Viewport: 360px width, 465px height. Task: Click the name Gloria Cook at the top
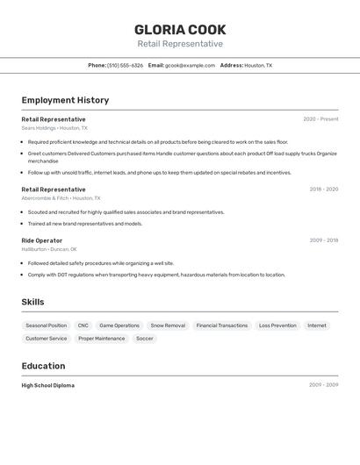(180, 30)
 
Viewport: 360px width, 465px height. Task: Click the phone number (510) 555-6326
(125, 65)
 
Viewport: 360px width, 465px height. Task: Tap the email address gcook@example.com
(190, 65)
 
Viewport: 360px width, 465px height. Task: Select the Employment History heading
(65, 100)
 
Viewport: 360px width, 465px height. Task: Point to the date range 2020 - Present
(320, 119)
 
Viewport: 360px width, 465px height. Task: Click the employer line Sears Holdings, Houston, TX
(54, 128)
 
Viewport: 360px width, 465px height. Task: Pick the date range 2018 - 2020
(323, 190)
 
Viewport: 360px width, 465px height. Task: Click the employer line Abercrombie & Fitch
(61, 198)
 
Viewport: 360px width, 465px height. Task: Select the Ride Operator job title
(42, 240)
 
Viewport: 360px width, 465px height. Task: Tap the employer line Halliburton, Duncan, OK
(49, 249)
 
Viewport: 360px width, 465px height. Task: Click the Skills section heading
(33, 303)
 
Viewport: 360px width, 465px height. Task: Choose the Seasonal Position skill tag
(46, 325)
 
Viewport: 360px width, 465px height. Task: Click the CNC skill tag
(83, 325)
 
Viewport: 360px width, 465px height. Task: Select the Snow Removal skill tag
(168, 325)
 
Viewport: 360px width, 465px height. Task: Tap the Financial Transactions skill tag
(221, 325)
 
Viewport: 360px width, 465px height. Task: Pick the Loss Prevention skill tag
(277, 325)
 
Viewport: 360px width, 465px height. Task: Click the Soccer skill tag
(145, 339)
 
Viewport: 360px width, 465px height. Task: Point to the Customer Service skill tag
(46, 339)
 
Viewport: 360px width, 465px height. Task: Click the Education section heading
(43, 366)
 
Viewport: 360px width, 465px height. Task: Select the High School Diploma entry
(47, 385)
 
